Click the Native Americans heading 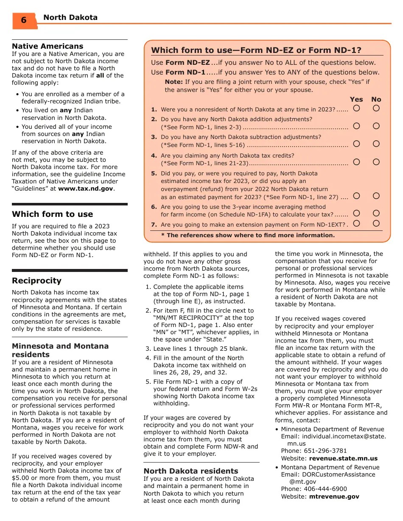48,46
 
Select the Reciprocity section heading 36,281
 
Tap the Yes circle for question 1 356,108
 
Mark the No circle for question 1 376,108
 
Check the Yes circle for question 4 356,162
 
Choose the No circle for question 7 376,223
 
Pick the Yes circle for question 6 356,213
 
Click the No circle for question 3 376,144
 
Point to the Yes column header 356,99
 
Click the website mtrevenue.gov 334,496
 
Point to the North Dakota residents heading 191,471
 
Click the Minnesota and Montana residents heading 60,350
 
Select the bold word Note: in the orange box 174,82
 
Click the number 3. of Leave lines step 148,349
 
